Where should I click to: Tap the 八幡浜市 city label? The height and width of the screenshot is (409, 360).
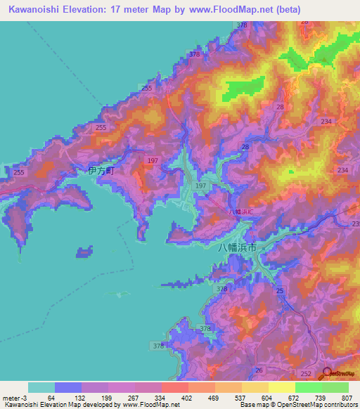(237, 247)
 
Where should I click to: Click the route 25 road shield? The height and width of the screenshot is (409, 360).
(280, 290)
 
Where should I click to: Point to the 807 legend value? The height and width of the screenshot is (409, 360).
(349, 398)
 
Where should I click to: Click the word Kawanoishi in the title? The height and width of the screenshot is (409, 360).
(36, 10)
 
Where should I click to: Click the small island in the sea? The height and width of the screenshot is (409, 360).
(84, 251)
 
